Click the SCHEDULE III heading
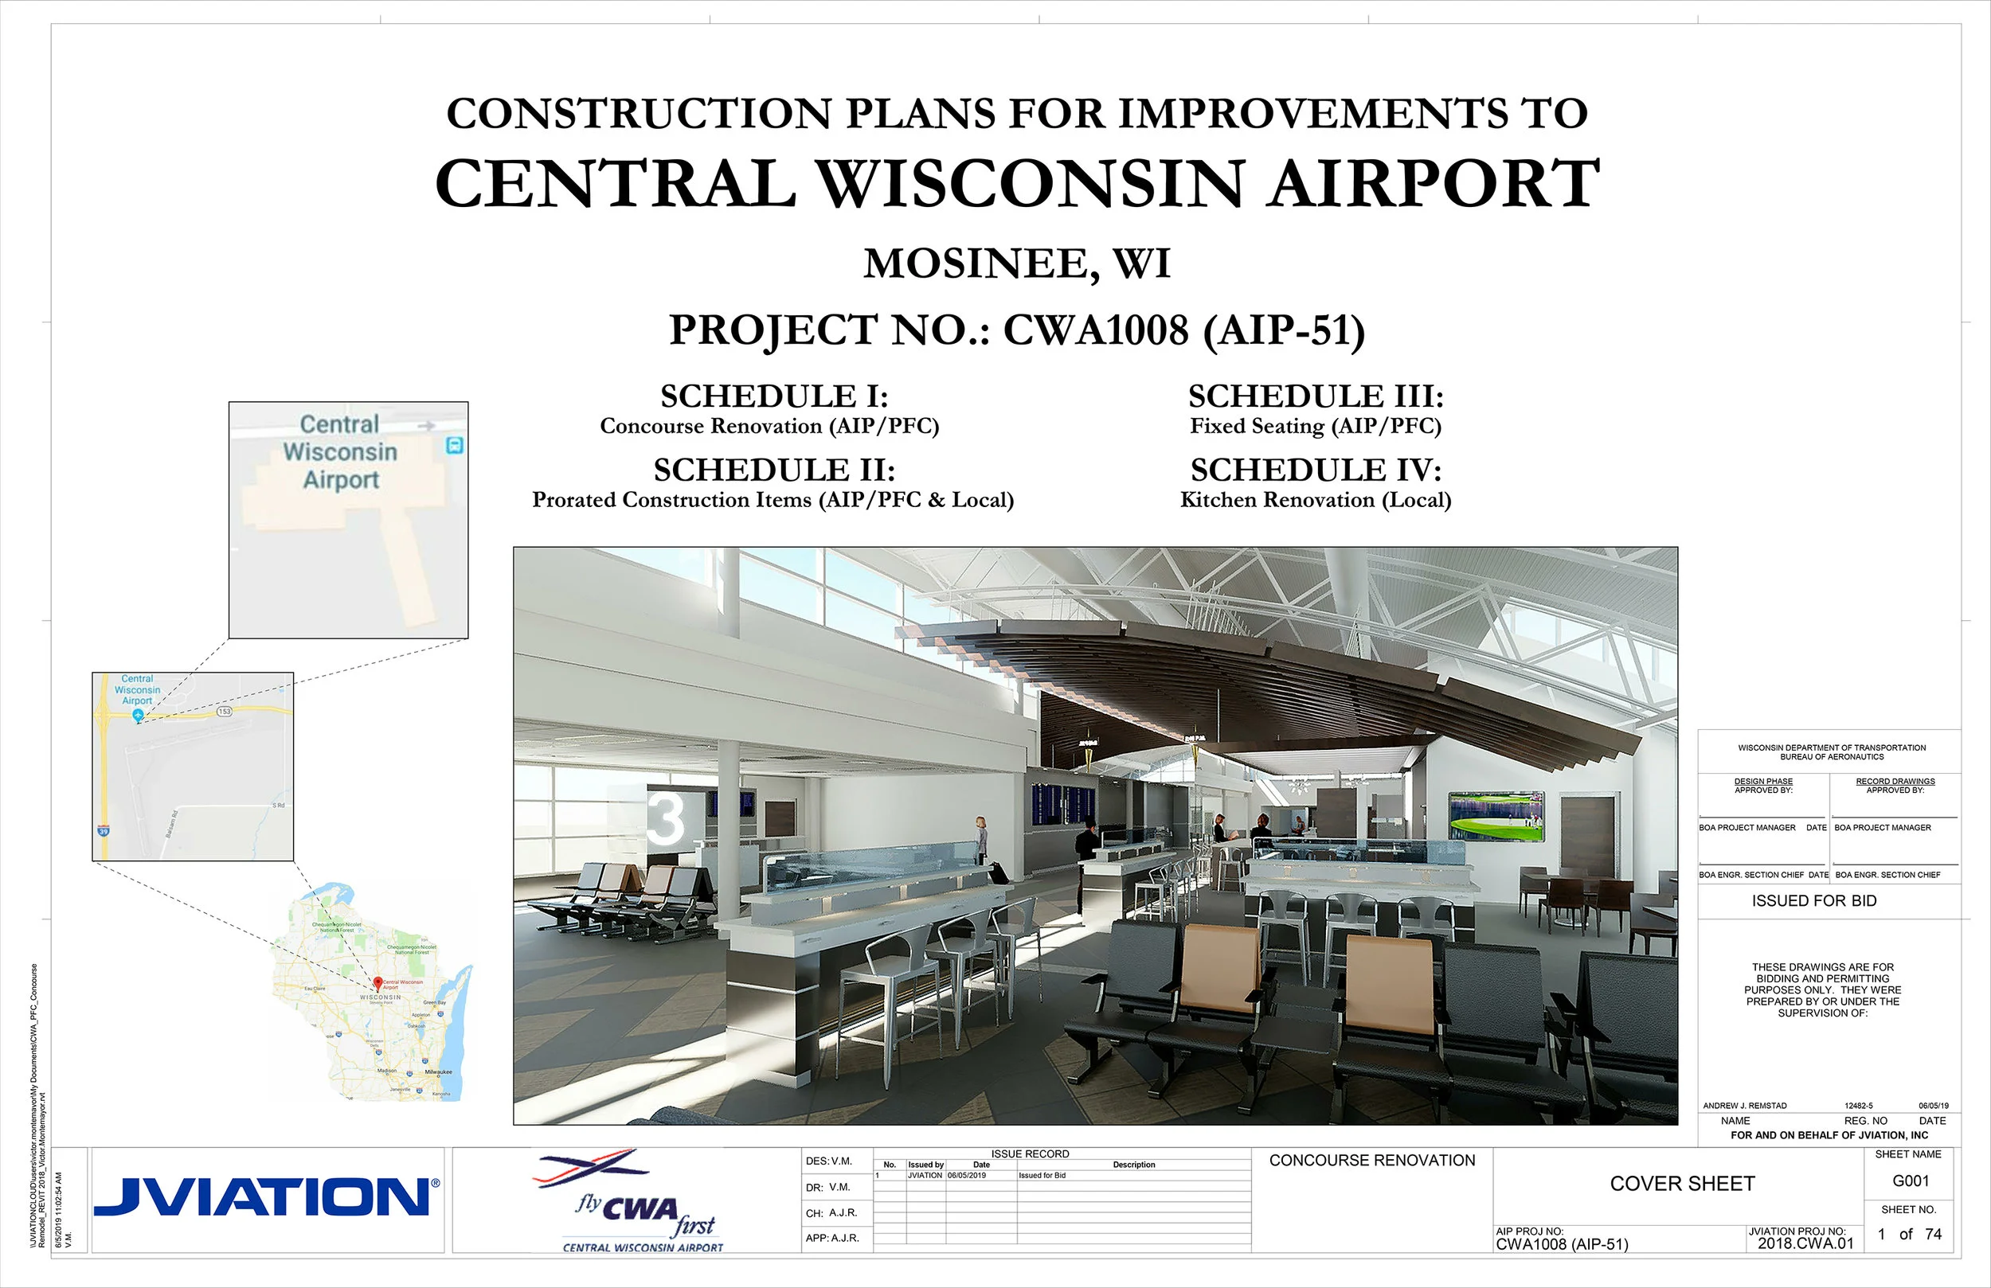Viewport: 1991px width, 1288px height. tap(1315, 396)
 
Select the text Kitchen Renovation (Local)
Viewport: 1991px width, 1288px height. tap(1315, 500)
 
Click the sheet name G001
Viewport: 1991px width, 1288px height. tap(1910, 1181)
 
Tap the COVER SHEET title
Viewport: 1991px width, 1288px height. tap(1681, 1184)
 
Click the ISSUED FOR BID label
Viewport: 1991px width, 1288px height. tap(1813, 901)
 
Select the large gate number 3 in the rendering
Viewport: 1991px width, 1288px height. tap(666, 818)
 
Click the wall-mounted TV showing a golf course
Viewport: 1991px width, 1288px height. tap(1496, 815)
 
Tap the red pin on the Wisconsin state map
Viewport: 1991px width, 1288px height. tap(377, 984)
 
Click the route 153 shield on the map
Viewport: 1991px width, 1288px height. tap(225, 711)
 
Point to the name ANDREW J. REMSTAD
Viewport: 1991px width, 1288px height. tap(1744, 1106)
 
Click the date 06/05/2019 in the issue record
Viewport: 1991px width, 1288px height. tap(966, 1175)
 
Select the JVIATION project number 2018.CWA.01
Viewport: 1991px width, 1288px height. tap(1805, 1243)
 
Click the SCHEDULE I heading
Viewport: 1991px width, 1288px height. tap(774, 396)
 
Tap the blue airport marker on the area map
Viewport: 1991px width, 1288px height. tap(138, 715)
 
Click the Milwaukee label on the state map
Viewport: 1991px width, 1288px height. tap(438, 1071)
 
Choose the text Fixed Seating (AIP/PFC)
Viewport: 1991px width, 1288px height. tap(1315, 427)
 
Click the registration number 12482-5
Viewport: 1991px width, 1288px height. tap(1858, 1106)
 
